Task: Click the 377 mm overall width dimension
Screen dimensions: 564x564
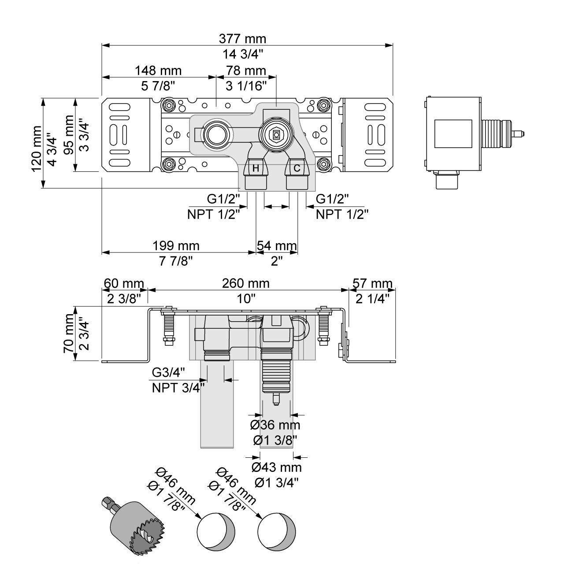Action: pyautogui.click(x=242, y=39)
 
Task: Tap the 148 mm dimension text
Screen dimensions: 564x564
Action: pyautogui.click(x=158, y=70)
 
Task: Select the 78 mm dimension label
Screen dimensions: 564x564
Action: pyautogui.click(x=246, y=70)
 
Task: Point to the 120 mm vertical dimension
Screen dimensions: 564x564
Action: pyautogui.click(x=37, y=148)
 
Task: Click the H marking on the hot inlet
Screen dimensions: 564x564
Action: pyautogui.click(x=256, y=168)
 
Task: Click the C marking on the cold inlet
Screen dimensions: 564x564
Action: pyautogui.click(x=297, y=168)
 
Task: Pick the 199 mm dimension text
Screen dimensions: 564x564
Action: pyautogui.click(x=176, y=245)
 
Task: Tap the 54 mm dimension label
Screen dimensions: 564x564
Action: pyautogui.click(x=277, y=245)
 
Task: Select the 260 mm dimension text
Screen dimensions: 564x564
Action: pyautogui.click(x=245, y=283)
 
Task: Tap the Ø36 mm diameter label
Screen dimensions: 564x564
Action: pyautogui.click(x=275, y=425)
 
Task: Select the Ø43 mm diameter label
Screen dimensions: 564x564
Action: pyautogui.click(x=276, y=467)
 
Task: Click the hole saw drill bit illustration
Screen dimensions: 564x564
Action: pyautogui.click(x=132, y=524)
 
